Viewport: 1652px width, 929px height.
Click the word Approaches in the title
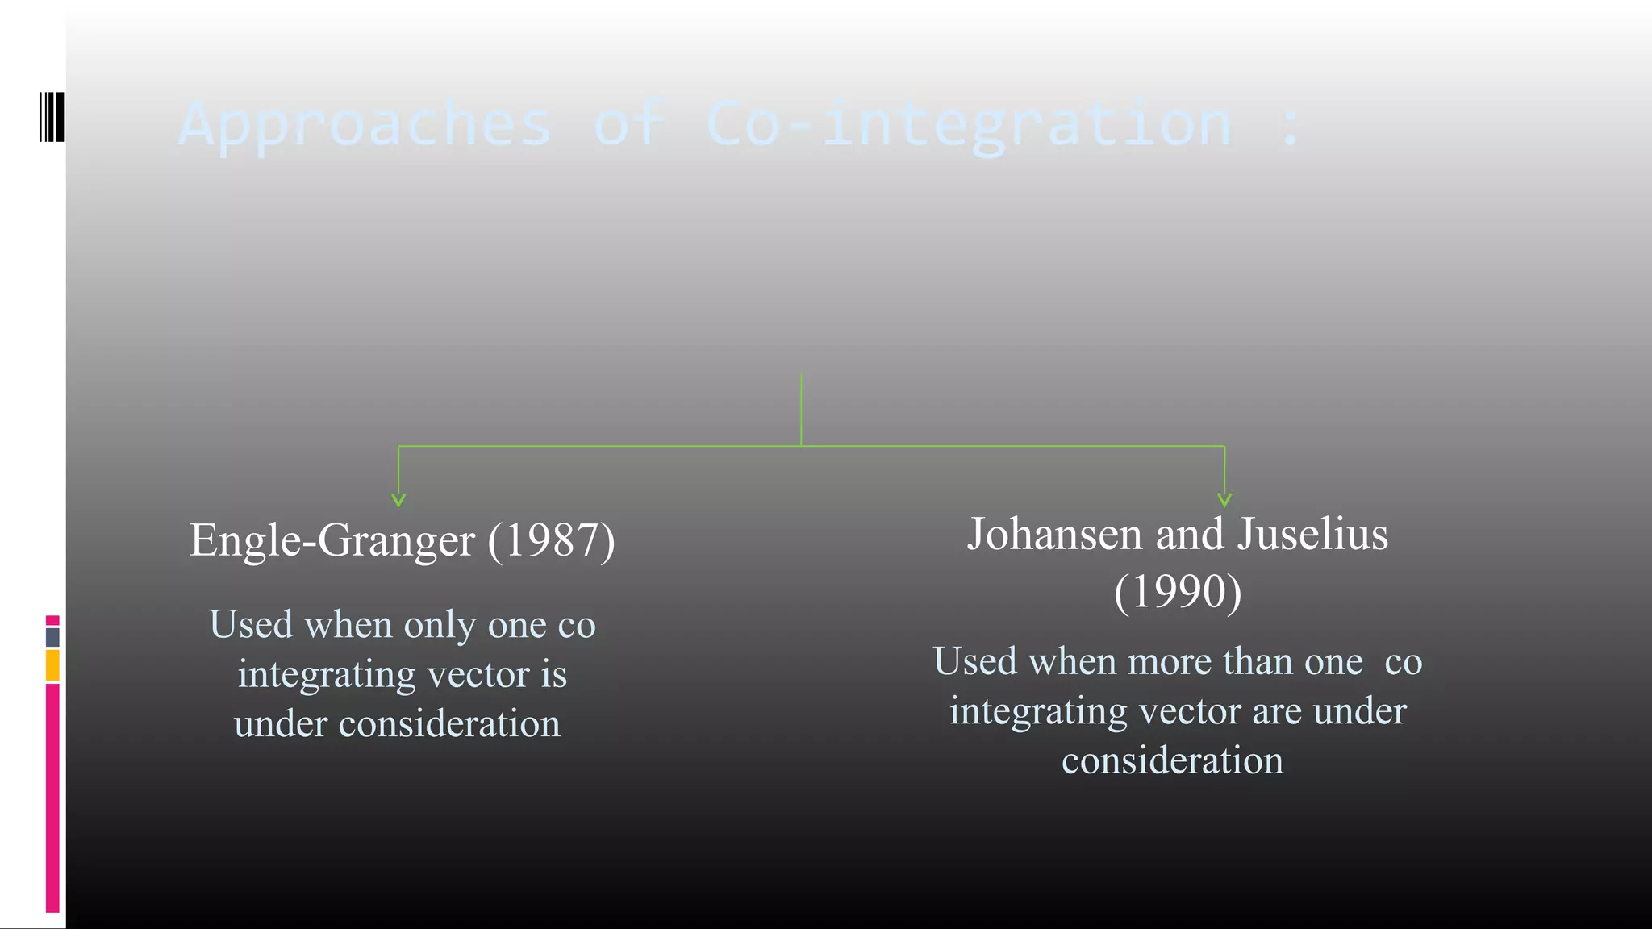point(365,125)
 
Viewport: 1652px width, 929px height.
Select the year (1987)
point(551,539)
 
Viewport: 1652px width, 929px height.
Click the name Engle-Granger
point(332,539)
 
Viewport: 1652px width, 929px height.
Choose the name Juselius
point(1313,534)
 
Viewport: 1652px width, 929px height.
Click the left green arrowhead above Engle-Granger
point(398,500)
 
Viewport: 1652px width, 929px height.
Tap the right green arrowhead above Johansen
point(1224,500)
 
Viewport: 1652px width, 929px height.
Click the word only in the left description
point(440,625)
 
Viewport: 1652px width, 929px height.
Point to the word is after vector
point(553,674)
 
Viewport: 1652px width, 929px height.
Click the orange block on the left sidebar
point(52,665)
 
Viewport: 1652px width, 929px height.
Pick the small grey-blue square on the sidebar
point(52,637)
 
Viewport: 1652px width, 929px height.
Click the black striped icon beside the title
point(52,117)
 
